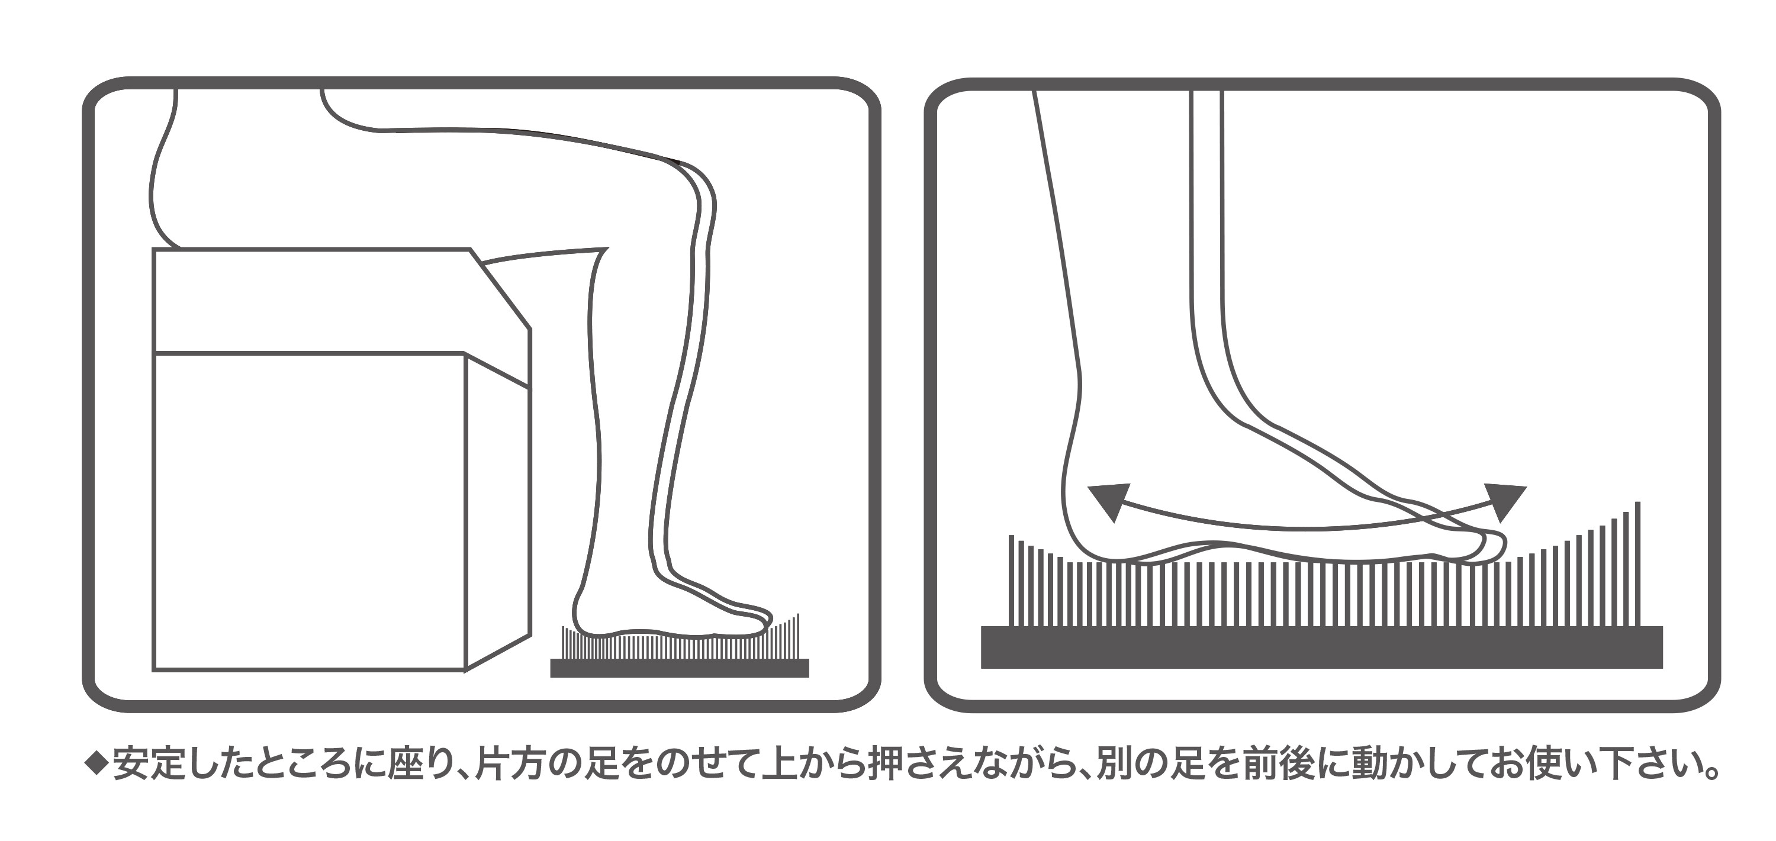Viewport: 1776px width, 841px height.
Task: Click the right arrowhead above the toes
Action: click(1507, 501)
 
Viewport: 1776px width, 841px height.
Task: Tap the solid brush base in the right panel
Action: click(1323, 647)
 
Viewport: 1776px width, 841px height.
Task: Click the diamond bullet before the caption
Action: click(96, 762)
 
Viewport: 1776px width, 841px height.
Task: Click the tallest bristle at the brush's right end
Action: click(1637, 564)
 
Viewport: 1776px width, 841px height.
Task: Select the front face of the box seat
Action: click(309, 511)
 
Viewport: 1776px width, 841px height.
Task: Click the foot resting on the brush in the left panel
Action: click(672, 617)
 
